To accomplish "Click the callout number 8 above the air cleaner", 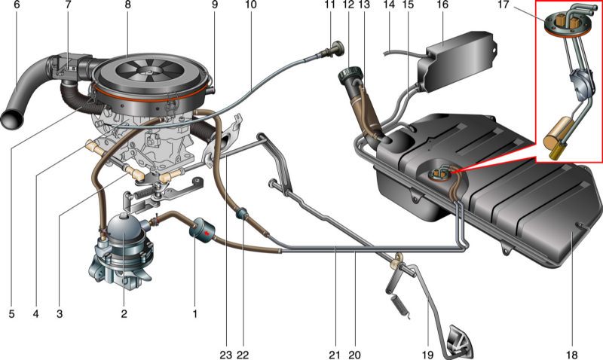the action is coord(127,5).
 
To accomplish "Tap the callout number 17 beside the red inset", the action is coord(503,5).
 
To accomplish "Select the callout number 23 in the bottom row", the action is coord(225,355).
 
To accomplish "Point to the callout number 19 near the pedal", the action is coord(427,355).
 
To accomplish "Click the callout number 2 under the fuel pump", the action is coord(124,314).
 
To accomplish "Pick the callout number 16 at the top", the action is coord(442,5).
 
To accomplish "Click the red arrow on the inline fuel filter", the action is coord(207,233).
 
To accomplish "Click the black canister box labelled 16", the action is coord(457,63).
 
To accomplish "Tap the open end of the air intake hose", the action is coord(9,120).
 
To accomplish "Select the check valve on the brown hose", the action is coord(243,213).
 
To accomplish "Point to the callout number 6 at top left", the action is coord(17,5).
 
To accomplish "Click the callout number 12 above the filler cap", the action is coord(348,5).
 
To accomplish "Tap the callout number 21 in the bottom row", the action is coord(334,355).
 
